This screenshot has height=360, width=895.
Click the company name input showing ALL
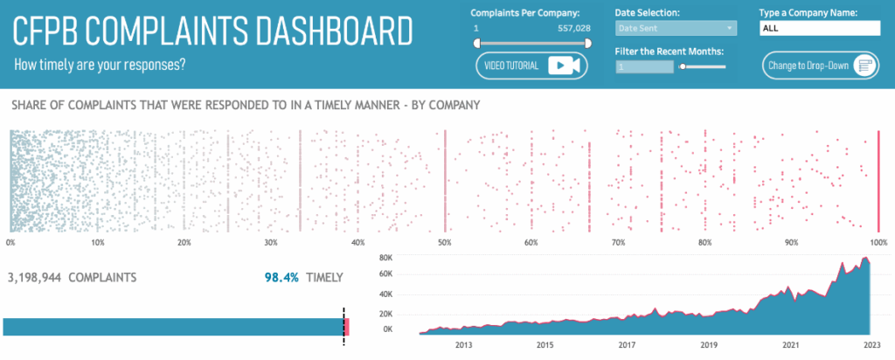point(820,28)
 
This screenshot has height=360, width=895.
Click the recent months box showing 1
point(644,66)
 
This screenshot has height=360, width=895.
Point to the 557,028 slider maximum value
point(573,28)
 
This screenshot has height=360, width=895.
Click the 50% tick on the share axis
point(445,242)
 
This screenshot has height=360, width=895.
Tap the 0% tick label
point(10,242)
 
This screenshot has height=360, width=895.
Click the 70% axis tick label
point(618,242)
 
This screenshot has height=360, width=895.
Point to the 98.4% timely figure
point(281,278)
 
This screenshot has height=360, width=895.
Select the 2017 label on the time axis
point(627,345)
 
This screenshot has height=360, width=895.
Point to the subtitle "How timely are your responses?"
point(101,65)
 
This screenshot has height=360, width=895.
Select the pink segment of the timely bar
point(347,327)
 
